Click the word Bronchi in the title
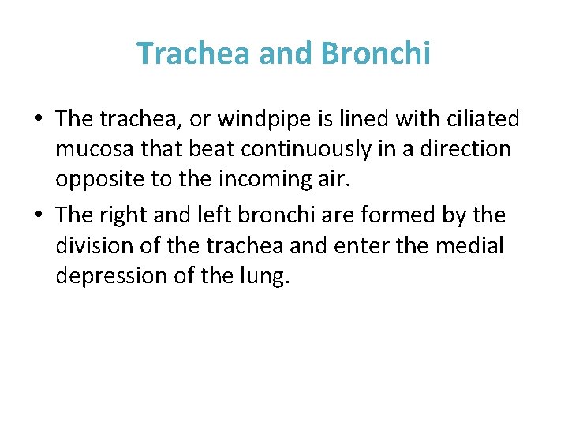[x=376, y=54]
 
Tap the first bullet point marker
[x=39, y=121]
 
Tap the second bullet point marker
[x=39, y=215]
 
